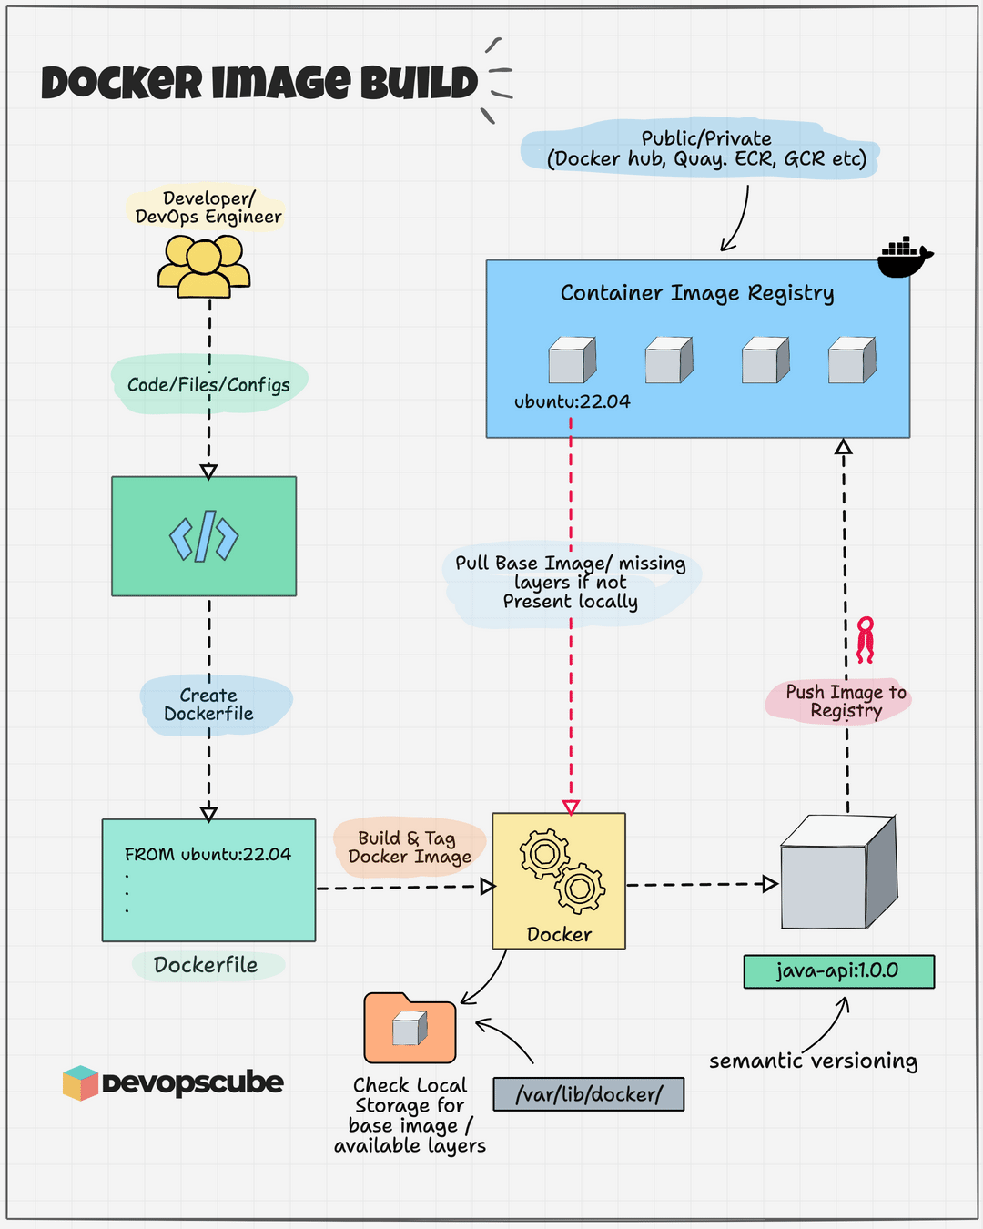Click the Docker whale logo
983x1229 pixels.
pyautogui.click(x=904, y=258)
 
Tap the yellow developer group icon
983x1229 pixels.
pyautogui.click(x=204, y=267)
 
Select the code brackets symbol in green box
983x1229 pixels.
pyautogui.click(x=204, y=536)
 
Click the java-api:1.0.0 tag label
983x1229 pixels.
pyautogui.click(x=838, y=970)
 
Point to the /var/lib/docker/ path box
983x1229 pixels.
pyautogui.click(x=588, y=1093)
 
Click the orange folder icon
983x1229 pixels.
pyautogui.click(x=410, y=1029)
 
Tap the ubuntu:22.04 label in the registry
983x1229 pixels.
pyautogui.click(x=572, y=401)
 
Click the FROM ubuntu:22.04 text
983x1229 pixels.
pyautogui.click(x=208, y=854)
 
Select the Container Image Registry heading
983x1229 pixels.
pyautogui.click(x=696, y=293)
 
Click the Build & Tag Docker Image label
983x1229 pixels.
pyautogui.click(x=410, y=847)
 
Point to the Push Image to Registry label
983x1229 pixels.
pyautogui.click(x=846, y=701)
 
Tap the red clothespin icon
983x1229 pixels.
pyautogui.click(x=865, y=639)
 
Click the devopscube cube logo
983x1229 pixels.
pyautogui.click(x=80, y=1082)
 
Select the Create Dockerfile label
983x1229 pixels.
pyautogui.click(x=209, y=705)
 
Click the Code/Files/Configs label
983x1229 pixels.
pyautogui.click(x=208, y=384)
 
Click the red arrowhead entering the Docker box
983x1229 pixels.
pyautogui.click(x=571, y=807)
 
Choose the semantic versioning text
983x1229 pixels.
pyautogui.click(x=813, y=1061)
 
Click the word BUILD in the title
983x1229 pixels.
pyautogui.click(x=419, y=83)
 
